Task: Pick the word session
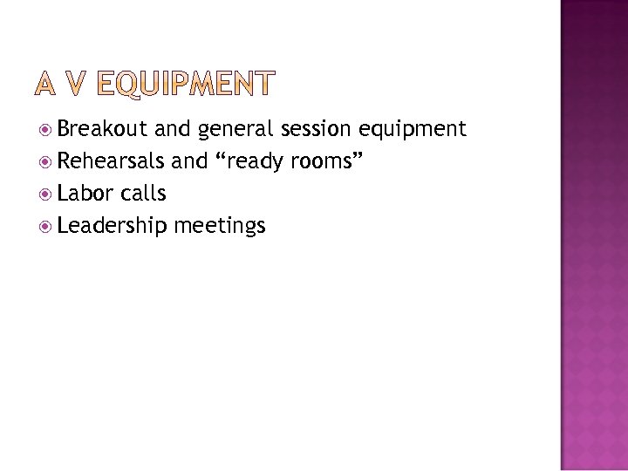tap(315, 131)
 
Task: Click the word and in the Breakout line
tap(174, 131)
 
